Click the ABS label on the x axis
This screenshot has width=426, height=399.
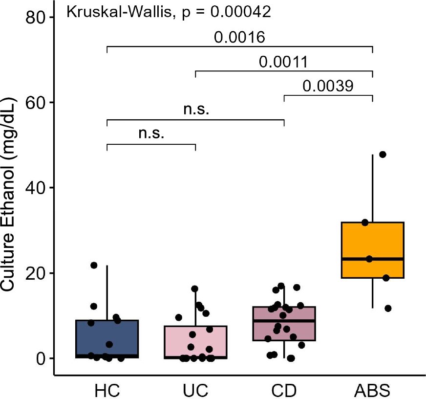pos(373,392)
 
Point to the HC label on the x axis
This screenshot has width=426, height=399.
pos(107,392)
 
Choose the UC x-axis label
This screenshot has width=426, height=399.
pos(195,392)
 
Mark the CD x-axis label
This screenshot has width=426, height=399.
pos(284,392)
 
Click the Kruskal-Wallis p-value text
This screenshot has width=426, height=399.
pos(169,12)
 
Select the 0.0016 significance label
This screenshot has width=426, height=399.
pos(240,38)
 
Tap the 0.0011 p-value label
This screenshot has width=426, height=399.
pos(283,62)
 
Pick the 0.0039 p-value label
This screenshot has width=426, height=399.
pos(327,87)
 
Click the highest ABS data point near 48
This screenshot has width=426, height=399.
pos(383,155)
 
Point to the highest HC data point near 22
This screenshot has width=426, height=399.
pos(94,265)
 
